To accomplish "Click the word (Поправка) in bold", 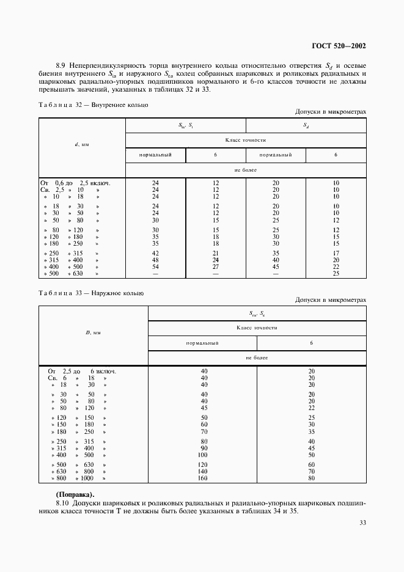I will (x=75, y=494).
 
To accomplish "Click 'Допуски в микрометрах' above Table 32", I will (x=330, y=112).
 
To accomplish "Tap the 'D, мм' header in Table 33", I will (x=93, y=332).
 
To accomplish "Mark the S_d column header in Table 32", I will (x=306, y=125).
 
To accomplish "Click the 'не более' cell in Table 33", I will (x=257, y=357).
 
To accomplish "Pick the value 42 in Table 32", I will (x=155, y=253).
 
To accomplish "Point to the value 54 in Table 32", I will (x=155, y=266).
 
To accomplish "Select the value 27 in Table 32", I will (x=215, y=266).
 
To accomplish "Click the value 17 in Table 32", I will (x=336, y=253).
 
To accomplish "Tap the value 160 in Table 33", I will (x=204, y=479).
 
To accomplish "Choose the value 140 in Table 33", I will (x=204, y=472).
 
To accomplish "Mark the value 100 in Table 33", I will (x=204, y=455).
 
